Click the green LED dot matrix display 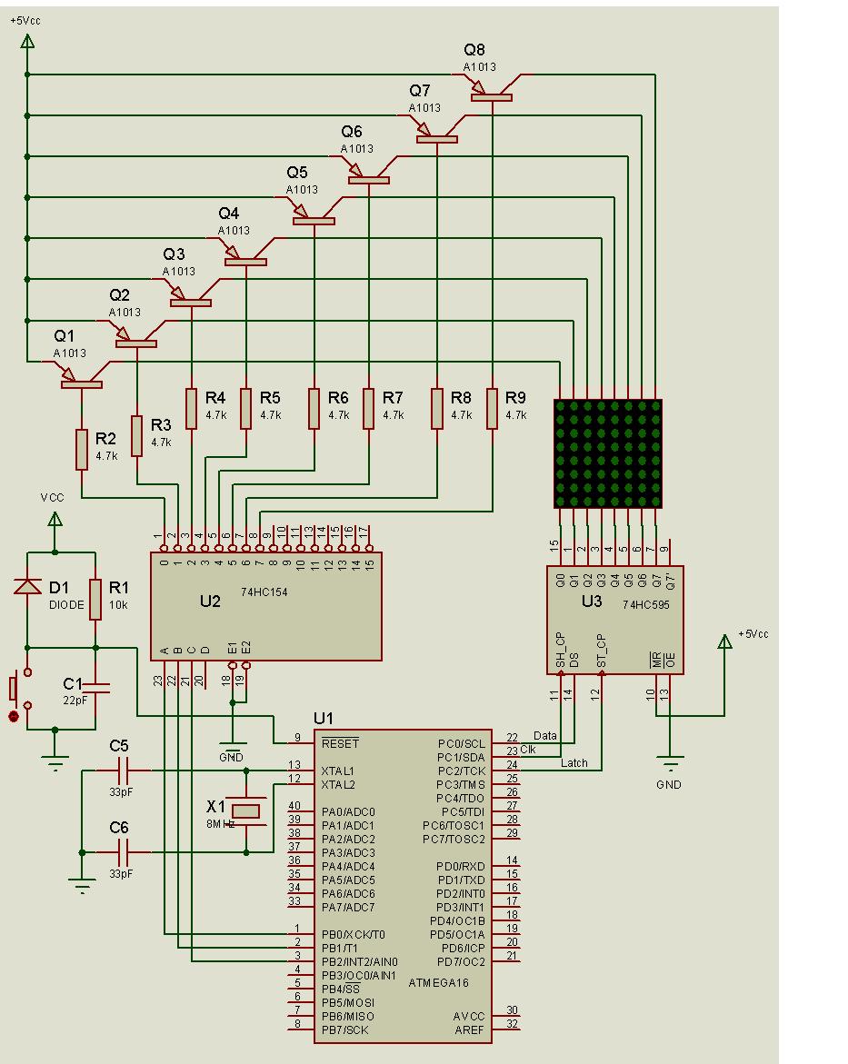pos(608,453)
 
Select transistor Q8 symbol pos(492,91)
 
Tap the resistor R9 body pos(492,408)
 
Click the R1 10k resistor pos(95,600)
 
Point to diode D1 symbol pos(27,588)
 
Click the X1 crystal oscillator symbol pos(246,810)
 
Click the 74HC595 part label pos(645,604)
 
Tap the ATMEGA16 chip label pos(440,982)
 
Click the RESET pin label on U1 pos(340,743)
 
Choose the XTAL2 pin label pos(339,784)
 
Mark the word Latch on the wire pos(574,763)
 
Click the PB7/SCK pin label pos(345,1029)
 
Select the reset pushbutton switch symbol pos(16,691)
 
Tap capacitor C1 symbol pos(95,689)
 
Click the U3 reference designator pos(592,601)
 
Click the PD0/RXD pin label pos(461,866)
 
